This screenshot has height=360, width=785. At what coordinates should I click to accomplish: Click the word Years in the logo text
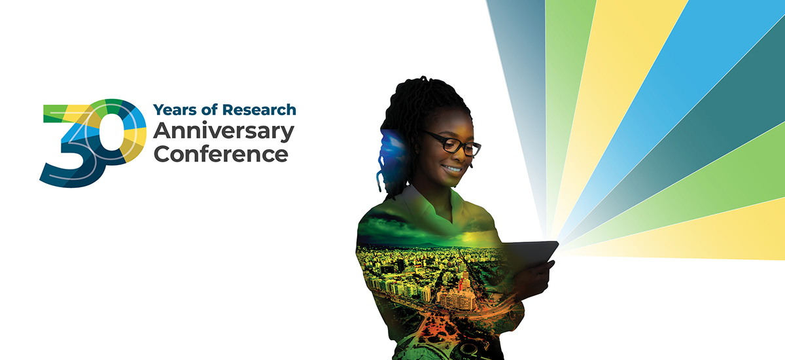(x=175, y=110)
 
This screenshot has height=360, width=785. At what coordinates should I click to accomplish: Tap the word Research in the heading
(x=259, y=110)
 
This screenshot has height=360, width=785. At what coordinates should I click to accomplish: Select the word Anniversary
(x=224, y=132)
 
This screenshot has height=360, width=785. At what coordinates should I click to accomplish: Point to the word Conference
(x=221, y=154)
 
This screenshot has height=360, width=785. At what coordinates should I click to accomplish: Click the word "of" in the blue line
(x=209, y=109)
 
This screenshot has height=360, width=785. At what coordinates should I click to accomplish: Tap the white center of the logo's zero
(x=111, y=132)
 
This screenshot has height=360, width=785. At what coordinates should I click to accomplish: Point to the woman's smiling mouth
(x=452, y=169)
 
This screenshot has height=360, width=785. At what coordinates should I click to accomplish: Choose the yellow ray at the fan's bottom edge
(x=701, y=238)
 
